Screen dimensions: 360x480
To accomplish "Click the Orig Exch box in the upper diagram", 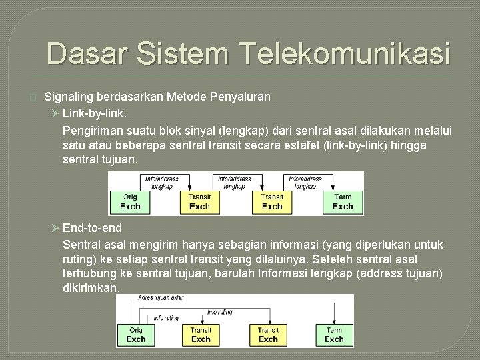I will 130,202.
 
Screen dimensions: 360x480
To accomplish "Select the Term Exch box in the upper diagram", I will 343,202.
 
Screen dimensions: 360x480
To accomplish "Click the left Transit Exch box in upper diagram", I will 199,202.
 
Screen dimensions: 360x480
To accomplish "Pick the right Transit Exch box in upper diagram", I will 272,202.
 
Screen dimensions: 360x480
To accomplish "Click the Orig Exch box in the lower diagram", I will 135,335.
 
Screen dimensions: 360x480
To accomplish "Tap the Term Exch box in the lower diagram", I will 334,335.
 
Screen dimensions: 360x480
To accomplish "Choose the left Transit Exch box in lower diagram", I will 201,335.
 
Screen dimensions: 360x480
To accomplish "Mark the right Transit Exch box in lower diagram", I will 268,335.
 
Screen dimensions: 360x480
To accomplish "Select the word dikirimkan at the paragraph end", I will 91,288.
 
